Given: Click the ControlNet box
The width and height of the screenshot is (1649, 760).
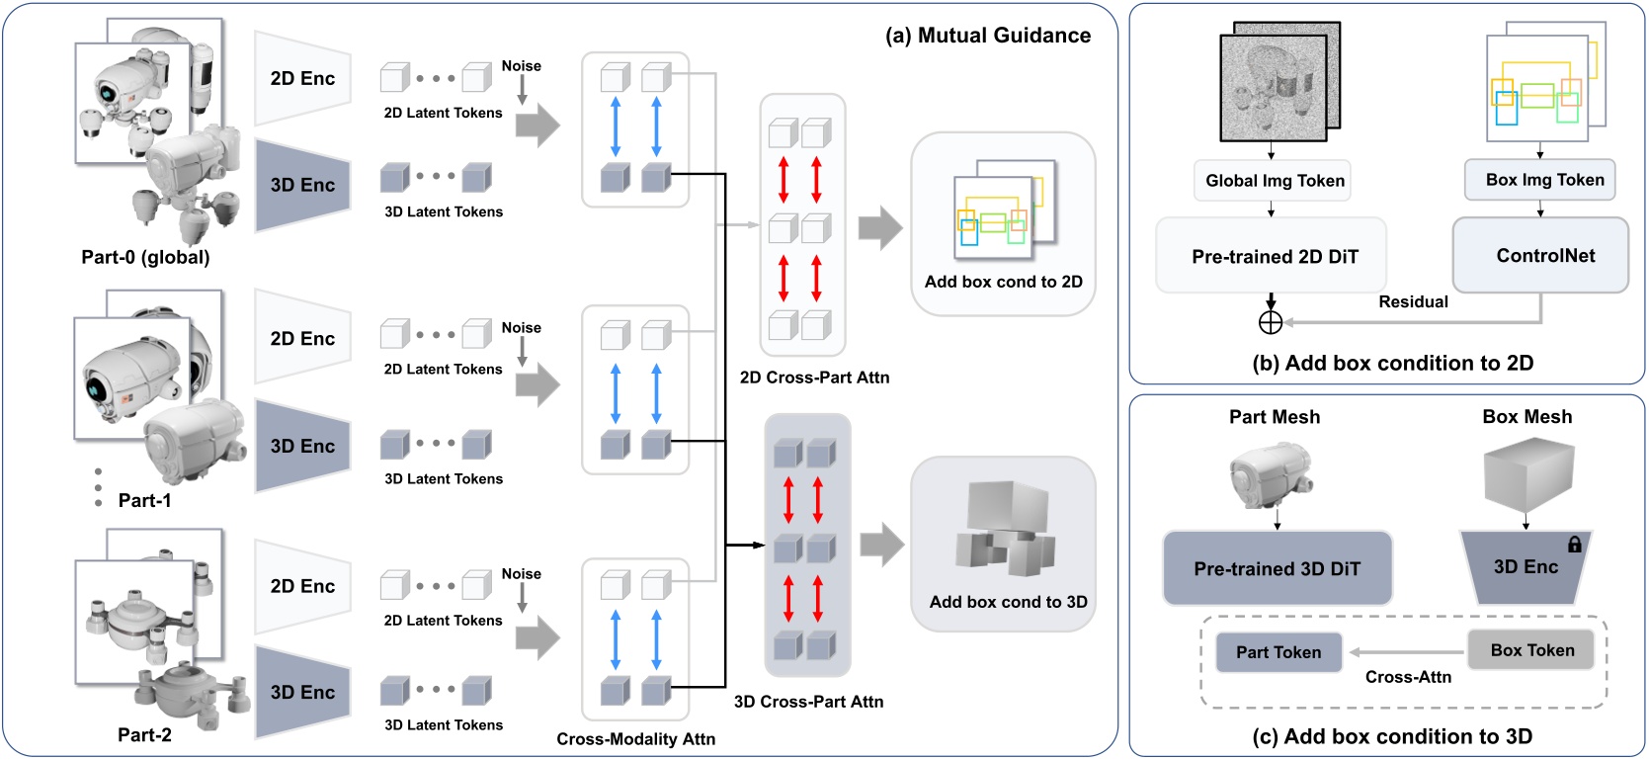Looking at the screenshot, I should point(1539,255).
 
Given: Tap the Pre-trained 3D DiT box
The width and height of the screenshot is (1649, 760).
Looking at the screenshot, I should point(1277,568).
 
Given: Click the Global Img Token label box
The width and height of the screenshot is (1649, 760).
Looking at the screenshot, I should point(1273,181).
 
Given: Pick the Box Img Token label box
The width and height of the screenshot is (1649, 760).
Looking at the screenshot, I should point(1539,180).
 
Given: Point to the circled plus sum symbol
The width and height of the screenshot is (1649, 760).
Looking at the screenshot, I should point(1271,322).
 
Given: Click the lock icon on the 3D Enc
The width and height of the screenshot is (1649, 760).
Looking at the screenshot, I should point(1575,544).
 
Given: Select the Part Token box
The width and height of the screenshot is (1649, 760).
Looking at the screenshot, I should point(1278,652).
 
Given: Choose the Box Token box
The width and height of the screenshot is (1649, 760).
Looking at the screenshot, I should point(1531,650).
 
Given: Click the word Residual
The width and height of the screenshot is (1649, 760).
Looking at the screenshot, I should point(1413,301).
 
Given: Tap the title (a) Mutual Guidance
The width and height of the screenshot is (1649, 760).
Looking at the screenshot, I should point(988,36).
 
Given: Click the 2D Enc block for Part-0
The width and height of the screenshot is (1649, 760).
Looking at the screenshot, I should point(303,78).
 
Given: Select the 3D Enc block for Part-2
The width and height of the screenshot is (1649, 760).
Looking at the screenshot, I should point(303,692).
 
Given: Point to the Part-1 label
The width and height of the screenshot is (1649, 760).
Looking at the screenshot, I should point(144,500).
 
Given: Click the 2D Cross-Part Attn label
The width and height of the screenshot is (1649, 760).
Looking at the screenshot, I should point(814,377).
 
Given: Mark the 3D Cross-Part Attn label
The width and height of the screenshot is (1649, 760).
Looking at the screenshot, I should point(808,701).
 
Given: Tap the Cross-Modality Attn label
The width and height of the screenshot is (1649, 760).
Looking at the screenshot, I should point(635,738).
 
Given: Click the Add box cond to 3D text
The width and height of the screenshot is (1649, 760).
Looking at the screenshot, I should point(1008,601).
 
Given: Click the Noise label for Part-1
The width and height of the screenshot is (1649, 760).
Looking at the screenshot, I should point(521,327).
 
